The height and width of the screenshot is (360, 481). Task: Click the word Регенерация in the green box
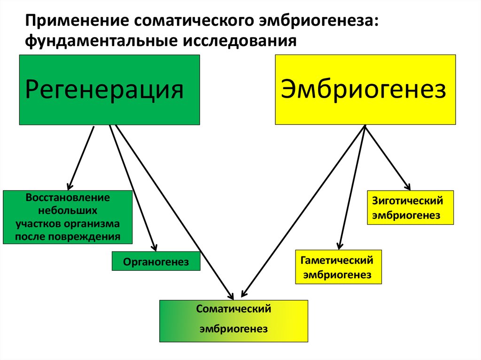104,90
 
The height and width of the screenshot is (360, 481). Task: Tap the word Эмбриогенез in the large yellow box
363,89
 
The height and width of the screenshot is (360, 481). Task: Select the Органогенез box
156,262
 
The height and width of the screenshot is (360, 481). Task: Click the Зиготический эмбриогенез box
410,207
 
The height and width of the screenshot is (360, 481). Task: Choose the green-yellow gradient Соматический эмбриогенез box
233,321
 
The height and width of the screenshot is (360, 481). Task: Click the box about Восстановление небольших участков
68,217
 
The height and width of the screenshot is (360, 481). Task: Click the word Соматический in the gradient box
234,309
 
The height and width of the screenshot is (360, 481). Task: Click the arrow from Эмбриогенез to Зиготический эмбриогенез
388,157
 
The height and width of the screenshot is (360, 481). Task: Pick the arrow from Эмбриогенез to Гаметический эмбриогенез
352,188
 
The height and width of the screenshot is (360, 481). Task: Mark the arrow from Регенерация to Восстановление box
81,157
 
